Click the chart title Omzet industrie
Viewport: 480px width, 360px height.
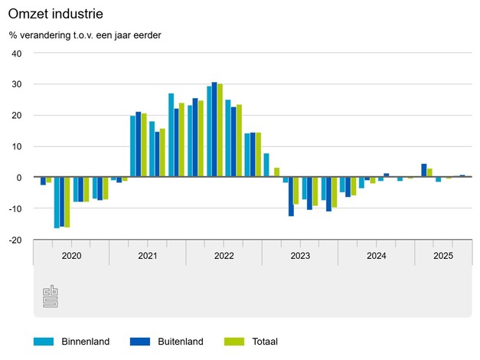point(56,15)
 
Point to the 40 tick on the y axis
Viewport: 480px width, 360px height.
point(17,54)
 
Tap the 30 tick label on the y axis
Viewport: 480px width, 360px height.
point(17,84)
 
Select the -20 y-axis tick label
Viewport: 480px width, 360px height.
point(15,240)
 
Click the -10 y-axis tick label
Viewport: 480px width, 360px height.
point(15,208)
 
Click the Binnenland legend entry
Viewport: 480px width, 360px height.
point(85,342)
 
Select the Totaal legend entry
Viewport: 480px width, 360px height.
point(262,342)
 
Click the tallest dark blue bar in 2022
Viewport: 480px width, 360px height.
point(214,129)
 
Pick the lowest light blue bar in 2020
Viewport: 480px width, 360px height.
point(57,202)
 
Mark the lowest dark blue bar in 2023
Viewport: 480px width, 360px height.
point(291,196)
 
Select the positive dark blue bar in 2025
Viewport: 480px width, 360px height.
point(424,170)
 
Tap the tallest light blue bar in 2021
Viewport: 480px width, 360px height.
point(171,135)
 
